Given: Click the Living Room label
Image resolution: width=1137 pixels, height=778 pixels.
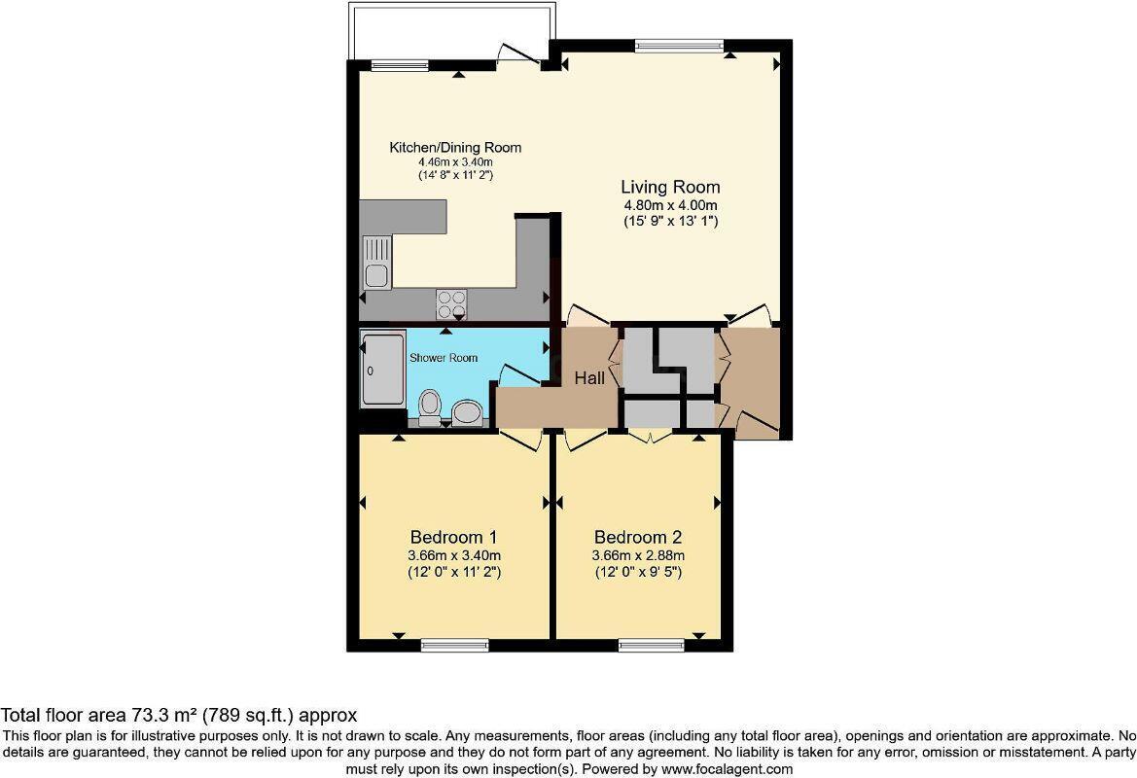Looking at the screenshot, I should pos(670,187).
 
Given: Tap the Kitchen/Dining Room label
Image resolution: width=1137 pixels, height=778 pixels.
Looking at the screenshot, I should pos(455,148).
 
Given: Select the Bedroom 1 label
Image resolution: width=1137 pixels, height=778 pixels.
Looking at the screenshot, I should pos(454,537).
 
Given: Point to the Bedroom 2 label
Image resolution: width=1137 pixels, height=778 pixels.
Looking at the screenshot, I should pos(638,537).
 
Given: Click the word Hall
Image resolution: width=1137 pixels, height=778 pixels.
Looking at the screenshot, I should pos(589,377).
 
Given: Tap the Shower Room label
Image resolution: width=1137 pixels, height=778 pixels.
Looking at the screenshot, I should pos(444,358).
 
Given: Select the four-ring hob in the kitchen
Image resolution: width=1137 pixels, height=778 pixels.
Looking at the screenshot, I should pos(450,304).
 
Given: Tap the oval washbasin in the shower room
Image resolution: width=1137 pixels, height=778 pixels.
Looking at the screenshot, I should pos(468,411).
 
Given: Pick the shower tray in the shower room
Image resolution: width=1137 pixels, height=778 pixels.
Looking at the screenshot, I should pos(382,371).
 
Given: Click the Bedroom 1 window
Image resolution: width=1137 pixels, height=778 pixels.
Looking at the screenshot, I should pos(454,644).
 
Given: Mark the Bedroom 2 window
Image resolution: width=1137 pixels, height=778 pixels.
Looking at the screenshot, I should pos(651,644).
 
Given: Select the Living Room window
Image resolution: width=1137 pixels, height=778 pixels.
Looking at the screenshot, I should pos(679,44).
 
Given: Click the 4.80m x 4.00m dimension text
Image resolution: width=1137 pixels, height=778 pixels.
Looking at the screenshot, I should pos(670,205).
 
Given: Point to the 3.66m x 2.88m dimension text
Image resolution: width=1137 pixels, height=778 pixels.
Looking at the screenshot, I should pos(638,555).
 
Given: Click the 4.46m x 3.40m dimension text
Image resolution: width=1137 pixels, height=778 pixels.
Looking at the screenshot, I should pos(455,162).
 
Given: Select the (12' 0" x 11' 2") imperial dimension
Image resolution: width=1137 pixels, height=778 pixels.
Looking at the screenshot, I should pos(454,573).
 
